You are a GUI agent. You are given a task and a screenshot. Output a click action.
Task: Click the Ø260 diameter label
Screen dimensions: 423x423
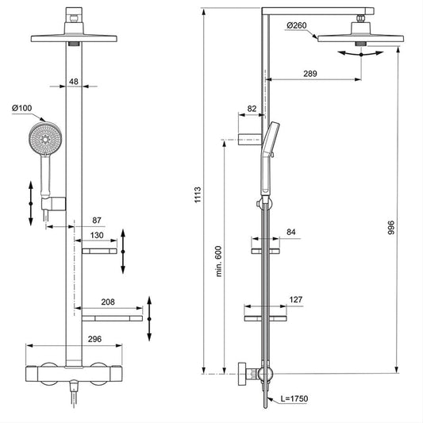(297, 25)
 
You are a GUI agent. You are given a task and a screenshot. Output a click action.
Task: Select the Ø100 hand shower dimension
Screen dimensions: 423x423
(22, 108)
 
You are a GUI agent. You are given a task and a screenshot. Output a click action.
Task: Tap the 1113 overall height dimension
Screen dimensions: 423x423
(198, 194)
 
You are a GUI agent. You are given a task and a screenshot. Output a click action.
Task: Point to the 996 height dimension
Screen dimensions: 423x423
(391, 228)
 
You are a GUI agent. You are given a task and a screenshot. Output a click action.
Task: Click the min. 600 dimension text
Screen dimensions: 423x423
(218, 261)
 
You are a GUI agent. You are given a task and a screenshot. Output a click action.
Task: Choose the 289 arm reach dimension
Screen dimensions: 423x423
(310, 74)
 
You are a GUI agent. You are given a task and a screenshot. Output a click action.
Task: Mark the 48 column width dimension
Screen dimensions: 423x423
(74, 82)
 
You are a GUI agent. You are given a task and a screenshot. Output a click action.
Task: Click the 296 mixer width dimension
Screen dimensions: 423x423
(94, 339)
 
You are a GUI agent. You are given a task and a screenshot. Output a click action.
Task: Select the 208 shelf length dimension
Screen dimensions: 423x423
(108, 302)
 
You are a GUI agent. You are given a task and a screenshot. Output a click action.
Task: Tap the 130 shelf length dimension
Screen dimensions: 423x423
(97, 235)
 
